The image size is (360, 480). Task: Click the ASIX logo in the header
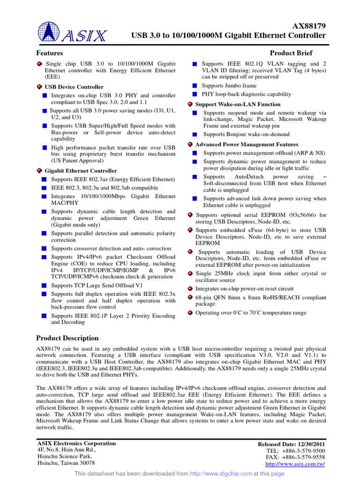[x=73, y=32]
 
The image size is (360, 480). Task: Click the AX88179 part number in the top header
[x=309, y=26]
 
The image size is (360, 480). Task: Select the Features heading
[x=50, y=53]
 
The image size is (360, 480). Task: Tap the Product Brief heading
[x=291, y=53]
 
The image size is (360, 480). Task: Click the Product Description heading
[x=67, y=338]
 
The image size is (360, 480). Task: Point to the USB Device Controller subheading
[x=74, y=87]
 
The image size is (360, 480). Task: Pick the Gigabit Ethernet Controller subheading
[x=81, y=171]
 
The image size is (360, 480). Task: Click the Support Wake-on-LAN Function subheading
[x=238, y=104]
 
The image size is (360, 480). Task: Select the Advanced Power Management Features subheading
[x=247, y=144]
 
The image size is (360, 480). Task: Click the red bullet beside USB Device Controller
[x=39, y=87]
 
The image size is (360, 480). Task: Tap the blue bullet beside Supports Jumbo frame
[x=195, y=86]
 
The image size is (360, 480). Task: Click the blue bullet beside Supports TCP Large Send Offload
[x=44, y=285]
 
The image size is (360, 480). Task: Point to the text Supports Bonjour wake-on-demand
[x=246, y=134]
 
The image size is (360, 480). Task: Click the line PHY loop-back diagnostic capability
[x=246, y=94]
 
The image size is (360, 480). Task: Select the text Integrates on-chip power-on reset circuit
[x=244, y=289]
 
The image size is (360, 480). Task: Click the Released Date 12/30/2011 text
[x=292, y=444]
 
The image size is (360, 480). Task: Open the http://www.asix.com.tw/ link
[x=295, y=464]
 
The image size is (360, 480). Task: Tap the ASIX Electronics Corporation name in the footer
[x=76, y=443]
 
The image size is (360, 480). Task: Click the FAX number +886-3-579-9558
[x=295, y=457]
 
